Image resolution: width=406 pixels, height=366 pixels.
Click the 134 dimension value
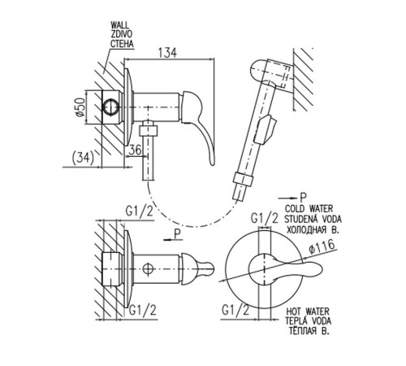(x=167, y=53)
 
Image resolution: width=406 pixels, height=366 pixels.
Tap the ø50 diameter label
(x=80, y=107)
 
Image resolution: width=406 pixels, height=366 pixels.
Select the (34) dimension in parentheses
(x=83, y=158)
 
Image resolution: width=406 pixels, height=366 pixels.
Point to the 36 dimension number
(x=135, y=150)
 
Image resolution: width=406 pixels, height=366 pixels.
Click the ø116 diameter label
(x=322, y=247)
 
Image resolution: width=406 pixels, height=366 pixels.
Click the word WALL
(x=120, y=25)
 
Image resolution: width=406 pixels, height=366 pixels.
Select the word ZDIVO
(x=122, y=34)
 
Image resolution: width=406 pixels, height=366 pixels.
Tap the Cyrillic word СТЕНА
(x=122, y=44)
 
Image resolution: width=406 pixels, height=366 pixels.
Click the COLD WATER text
(x=309, y=209)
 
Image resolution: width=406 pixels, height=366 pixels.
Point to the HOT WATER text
(x=308, y=312)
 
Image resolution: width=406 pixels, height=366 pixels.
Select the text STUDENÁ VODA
(x=313, y=219)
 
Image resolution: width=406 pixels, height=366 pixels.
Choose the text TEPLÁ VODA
(x=309, y=321)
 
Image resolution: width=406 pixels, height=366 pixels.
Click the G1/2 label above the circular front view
(x=265, y=218)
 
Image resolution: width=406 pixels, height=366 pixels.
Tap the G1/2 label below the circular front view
(x=235, y=310)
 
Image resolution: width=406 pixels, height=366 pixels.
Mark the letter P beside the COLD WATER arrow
(x=303, y=197)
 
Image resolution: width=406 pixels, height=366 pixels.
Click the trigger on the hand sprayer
(x=267, y=129)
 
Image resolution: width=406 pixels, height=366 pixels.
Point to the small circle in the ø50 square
(x=110, y=107)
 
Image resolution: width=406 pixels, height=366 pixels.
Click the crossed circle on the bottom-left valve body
(x=148, y=269)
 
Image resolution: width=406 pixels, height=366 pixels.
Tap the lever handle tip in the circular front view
(x=319, y=270)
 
